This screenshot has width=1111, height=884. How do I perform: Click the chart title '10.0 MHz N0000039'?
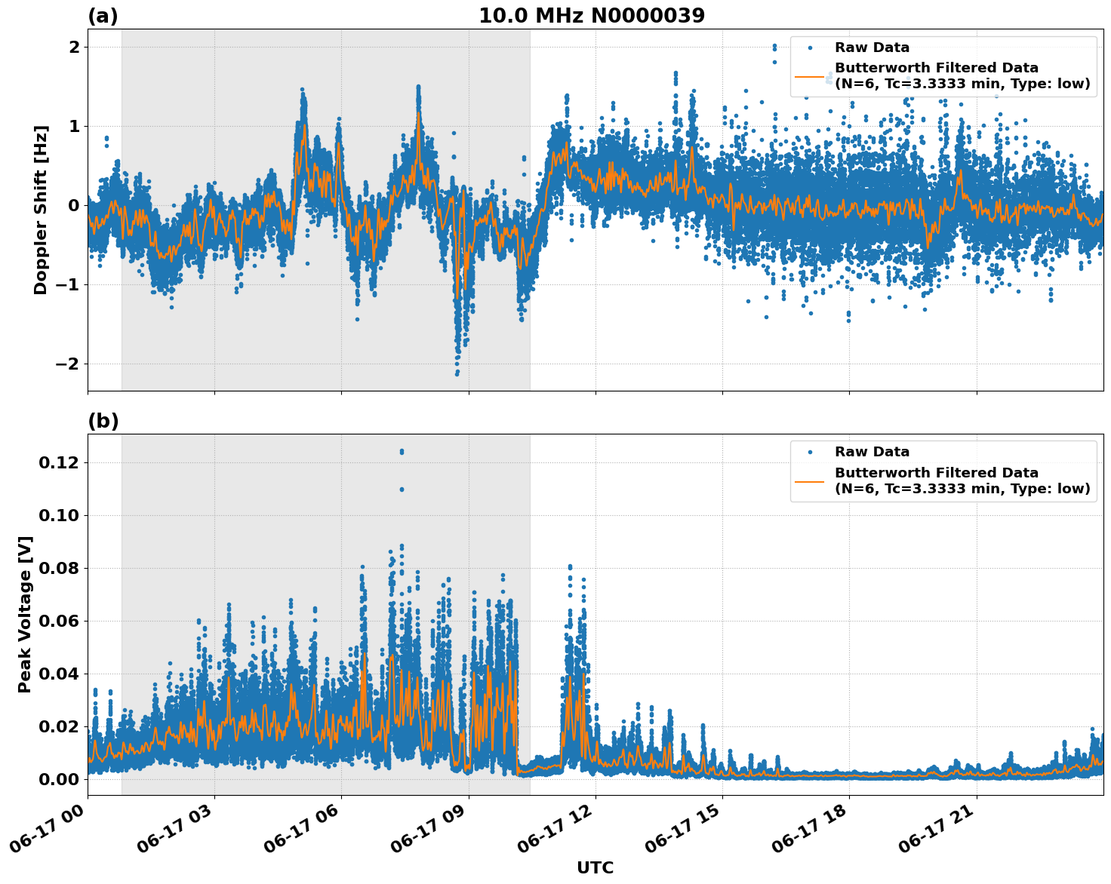click(591, 16)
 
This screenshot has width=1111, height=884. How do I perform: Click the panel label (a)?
click(103, 16)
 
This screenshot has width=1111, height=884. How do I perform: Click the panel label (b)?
click(103, 421)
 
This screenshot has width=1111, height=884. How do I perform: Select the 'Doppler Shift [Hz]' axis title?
click(41, 210)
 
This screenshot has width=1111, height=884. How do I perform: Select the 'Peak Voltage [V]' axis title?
click(25, 614)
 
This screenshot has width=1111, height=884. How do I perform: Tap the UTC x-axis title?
click(595, 867)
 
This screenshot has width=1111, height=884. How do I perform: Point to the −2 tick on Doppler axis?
click(68, 364)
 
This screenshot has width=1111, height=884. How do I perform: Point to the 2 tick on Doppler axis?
click(74, 47)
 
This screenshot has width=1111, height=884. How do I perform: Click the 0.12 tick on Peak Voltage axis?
click(59, 462)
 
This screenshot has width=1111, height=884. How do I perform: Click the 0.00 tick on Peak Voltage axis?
click(59, 779)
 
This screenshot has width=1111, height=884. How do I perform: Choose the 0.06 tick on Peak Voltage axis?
click(59, 621)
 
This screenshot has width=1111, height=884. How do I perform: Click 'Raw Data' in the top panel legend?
click(872, 48)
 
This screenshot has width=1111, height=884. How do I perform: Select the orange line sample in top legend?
click(809, 76)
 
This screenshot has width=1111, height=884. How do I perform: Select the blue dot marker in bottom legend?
click(809, 452)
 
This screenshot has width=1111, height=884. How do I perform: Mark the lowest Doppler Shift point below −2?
click(457, 373)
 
